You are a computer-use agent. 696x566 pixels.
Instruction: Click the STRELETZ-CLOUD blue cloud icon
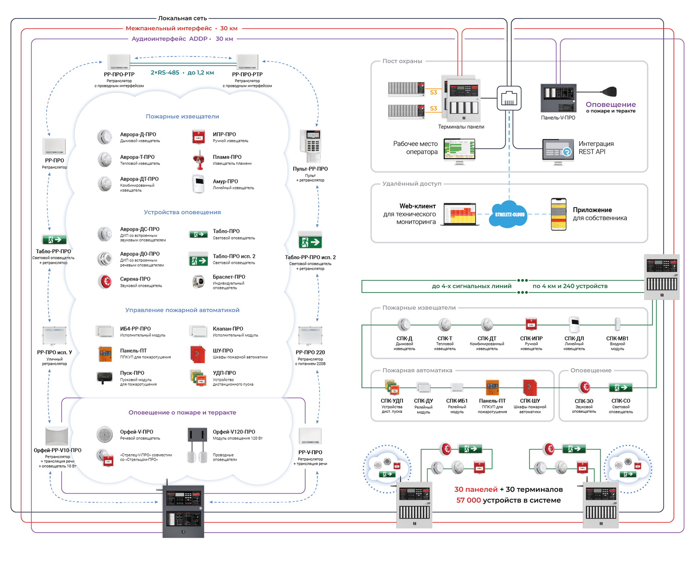(509, 214)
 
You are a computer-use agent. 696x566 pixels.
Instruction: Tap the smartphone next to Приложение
(558, 214)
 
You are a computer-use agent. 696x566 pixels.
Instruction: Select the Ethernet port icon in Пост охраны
(509, 98)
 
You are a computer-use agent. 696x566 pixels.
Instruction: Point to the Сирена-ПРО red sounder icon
(105, 281)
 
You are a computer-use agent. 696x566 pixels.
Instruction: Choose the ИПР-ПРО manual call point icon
(199, 137)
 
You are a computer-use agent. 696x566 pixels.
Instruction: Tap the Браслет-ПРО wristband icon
(199, 281)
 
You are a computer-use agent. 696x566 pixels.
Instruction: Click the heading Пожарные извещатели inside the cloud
(182, 117)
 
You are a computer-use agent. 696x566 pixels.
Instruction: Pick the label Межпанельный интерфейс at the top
(168, 28)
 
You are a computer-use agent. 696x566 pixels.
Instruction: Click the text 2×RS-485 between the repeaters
(165, 73)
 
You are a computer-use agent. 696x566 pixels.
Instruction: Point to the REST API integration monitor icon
(558, 150)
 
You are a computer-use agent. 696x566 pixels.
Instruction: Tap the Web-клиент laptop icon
(459, 214)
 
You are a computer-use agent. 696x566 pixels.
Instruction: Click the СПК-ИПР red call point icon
(531, 324)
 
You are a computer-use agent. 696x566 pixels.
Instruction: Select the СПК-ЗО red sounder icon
(584, 387)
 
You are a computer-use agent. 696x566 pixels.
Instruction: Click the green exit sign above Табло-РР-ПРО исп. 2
(310, 241)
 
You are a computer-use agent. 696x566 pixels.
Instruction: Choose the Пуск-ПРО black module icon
(104, 377)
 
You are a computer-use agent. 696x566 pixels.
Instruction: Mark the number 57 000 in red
(468, 500)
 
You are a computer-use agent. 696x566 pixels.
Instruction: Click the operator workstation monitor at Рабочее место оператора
(459, 150)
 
